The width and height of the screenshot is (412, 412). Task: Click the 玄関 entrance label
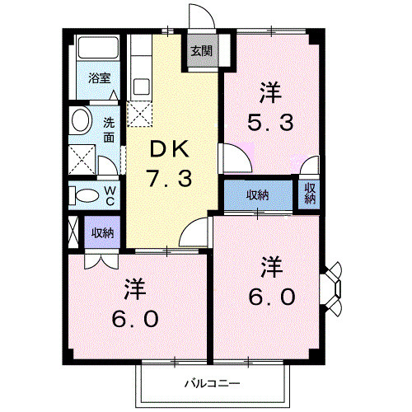coord(201,50)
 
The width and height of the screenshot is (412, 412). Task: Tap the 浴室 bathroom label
coord(100,80)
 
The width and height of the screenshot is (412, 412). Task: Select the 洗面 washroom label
coord(110,129)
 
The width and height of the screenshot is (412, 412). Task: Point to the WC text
coord(110,194)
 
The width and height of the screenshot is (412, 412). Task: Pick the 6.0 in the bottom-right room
coord(269,296)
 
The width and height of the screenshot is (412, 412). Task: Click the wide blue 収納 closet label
coord(258,195)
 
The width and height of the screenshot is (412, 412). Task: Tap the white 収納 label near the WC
coord(101,232)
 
